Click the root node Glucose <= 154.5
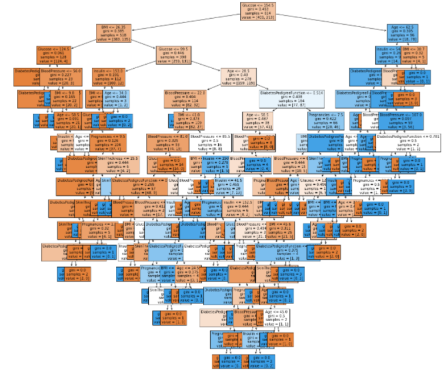[258, 11]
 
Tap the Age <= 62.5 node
[401, 34]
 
